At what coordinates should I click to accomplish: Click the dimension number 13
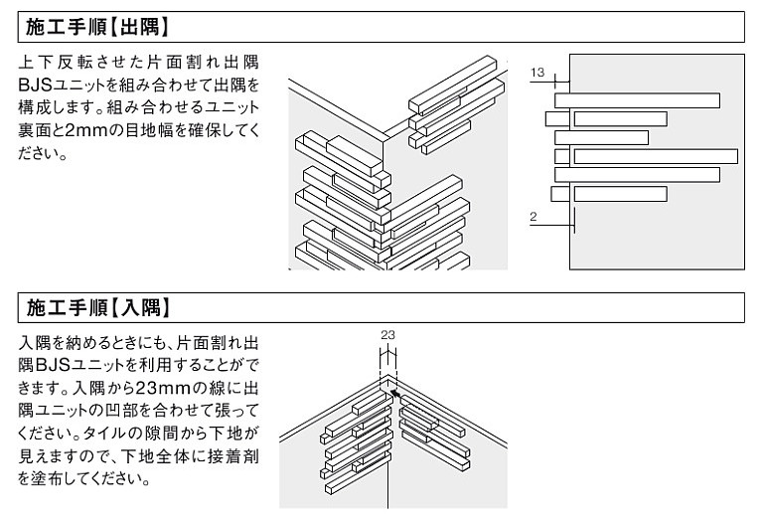point(537,73)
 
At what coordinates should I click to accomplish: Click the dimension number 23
point(387,336)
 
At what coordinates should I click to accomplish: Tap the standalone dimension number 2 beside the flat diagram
point(534,215)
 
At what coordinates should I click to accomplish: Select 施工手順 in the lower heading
point(69,306)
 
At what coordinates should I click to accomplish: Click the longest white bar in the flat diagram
point(656,156)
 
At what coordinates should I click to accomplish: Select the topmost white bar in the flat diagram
point(637,100)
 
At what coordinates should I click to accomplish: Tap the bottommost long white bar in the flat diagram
point(620,193)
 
